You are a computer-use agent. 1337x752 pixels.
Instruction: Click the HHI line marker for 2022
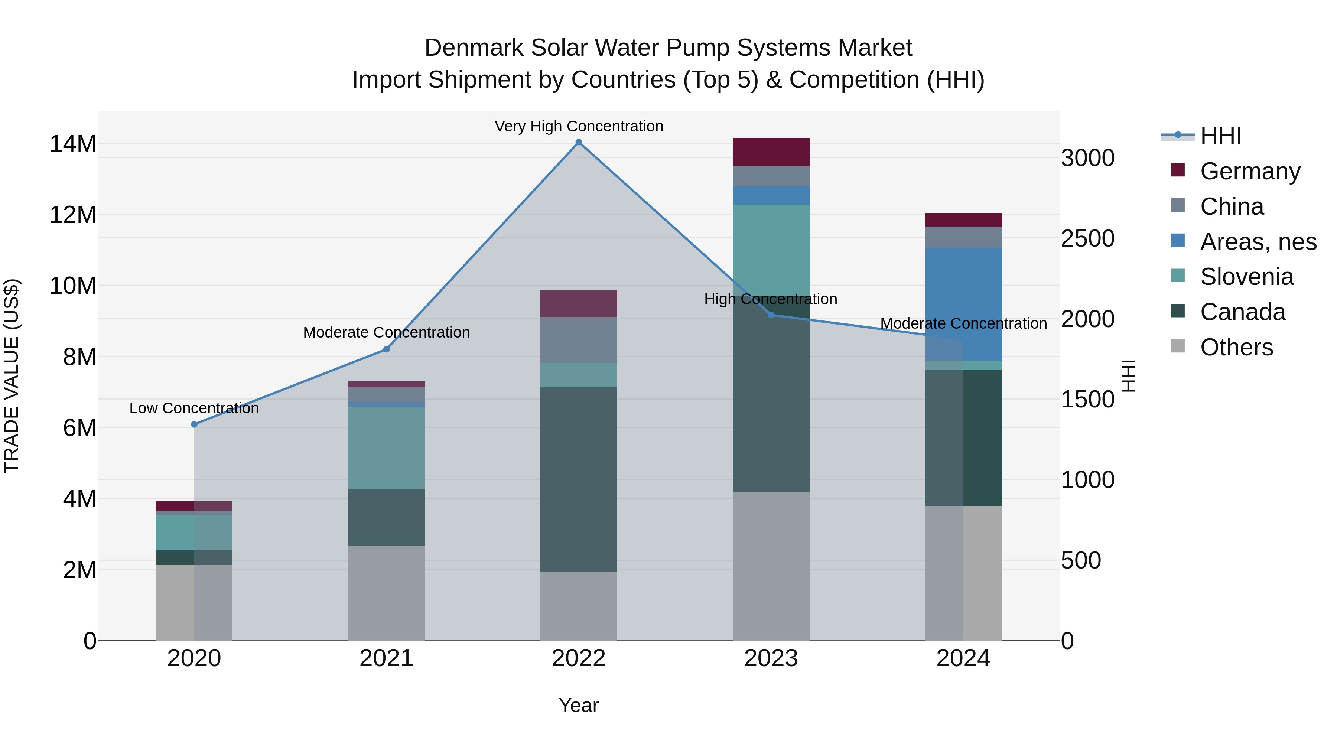pyautogui.click(x=579, y=142)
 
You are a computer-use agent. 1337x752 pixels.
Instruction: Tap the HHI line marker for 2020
pyautogui.click(x=194, y=424)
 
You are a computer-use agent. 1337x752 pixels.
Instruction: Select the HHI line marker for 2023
pyautogui.click(x=771, y=315)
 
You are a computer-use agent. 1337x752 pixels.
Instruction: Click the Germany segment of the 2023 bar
pyautogui.click(x=771, y=152)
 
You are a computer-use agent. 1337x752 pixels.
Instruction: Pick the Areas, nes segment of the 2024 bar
pyautogui.click(x=963, y=304)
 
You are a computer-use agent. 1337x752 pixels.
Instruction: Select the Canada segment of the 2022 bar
pyautogui.click(x=579, y=479)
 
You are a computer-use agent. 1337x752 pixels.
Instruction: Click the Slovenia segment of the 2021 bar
pyautogui.click(x=386, y=447)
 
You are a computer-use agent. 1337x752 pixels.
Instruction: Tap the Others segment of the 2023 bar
pyautogui.click(x=771, y=566)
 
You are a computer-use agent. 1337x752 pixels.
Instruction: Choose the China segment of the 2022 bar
pyautogui.click(x=579, y=340)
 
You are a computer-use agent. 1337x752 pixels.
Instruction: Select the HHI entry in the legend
pyautogui.click(x=1220, y=136)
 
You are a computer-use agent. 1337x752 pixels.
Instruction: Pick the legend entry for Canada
pyautogui.click(x=1243, y=312)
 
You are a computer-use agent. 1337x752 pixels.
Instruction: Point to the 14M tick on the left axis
pyautogui.click(x=73, y=144)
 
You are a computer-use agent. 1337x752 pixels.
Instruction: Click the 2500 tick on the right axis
pyautogui.click(x=1087, y=239)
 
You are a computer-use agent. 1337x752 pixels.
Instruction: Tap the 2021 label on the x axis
pyautogui.click(x=386, y=658)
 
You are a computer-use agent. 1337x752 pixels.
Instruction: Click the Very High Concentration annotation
pyautogui.click(x=579, y=126)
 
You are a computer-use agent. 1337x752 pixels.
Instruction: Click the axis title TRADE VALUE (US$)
pyautogui.click(x=12, y=376)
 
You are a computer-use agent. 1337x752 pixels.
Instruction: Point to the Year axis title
pyautogui.click(x=579, y=705)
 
